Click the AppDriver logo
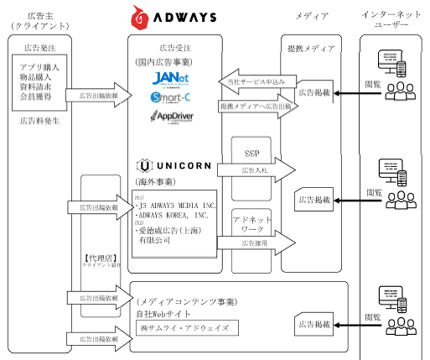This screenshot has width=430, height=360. pyautogui.click(x=176, y=117)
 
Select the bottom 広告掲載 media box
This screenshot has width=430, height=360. pyautogui.click(x=315, y=322)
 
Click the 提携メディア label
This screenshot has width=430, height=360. pyautogui.click(x=310, y=49)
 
